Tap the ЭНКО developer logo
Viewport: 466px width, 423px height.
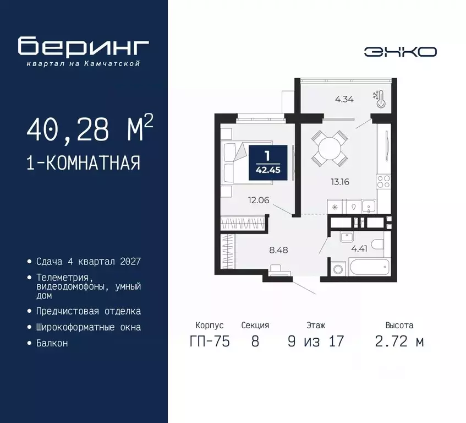pyautogui.click(x=400, y=52)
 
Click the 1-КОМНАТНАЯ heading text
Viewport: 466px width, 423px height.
pyautogui.click(x=83, y=163)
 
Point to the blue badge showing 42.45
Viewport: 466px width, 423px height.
pyautogui.click(x=267, y=162)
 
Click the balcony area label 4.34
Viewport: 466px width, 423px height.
pyautogui.click(x=344, y=100)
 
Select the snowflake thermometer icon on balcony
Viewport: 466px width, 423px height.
pyautogui.click(x=378, y=99)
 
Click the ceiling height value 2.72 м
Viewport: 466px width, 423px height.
pyautogui.click(x=399, y=341)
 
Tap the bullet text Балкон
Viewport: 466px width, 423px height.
pyautogui.click(x=53, y=343)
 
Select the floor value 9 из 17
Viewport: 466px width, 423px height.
pyautogui.click(x=315, y=341)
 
